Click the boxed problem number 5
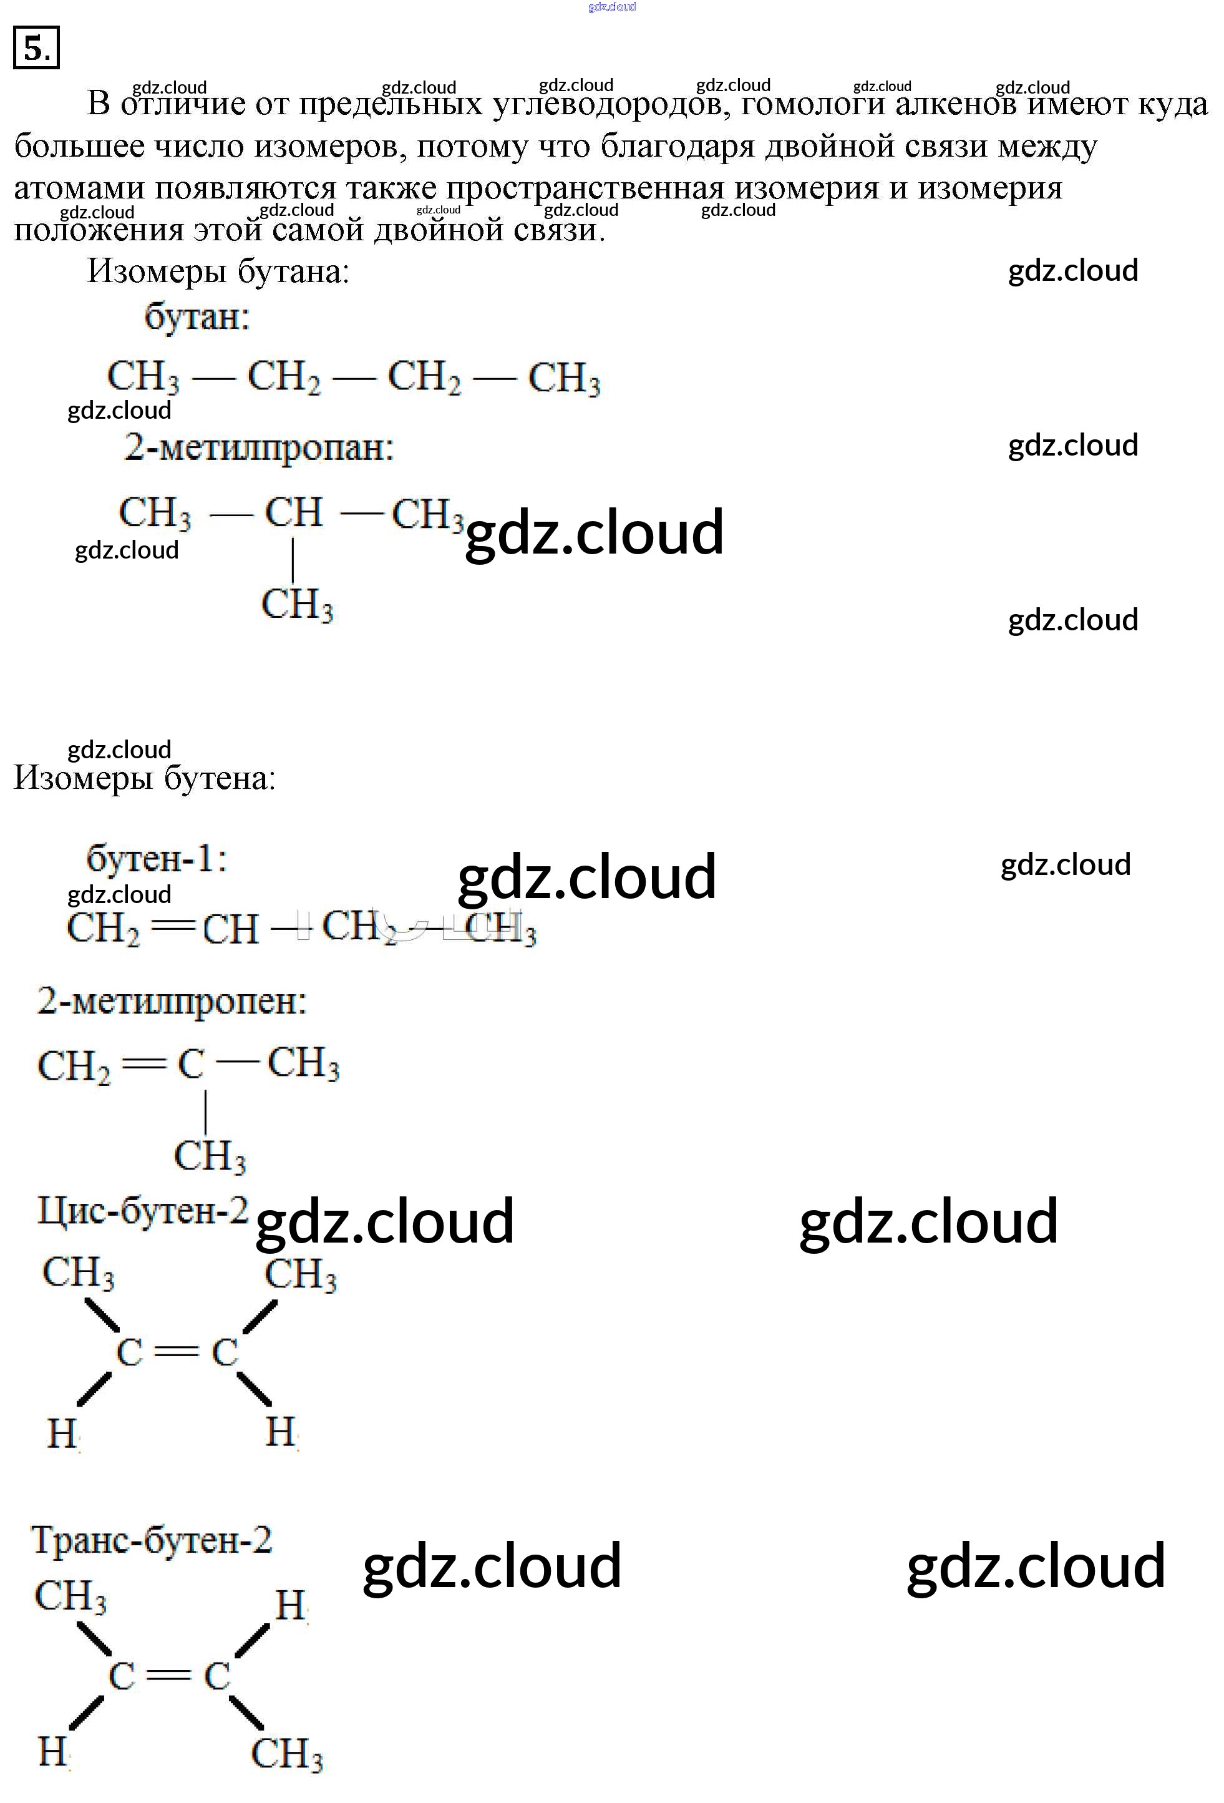(x=36, y=48)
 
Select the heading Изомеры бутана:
(x=218, y=271)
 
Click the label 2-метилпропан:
(x=259, y=447)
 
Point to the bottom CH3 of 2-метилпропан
(x=297, y=604)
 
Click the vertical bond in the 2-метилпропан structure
(x=293, y=559)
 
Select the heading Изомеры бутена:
(x=145, y=778)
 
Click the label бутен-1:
(x=157, y=859)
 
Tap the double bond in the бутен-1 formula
(x=171, y=926)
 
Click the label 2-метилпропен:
(x=172, y=1002)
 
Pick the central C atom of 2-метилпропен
(x=191, y=1065)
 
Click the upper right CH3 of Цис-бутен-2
(x=300, y=1274)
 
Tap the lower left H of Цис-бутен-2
(x=62, y=1433)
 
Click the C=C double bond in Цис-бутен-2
(x=177, y=1352)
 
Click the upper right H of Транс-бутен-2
(x=290, y=1605)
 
